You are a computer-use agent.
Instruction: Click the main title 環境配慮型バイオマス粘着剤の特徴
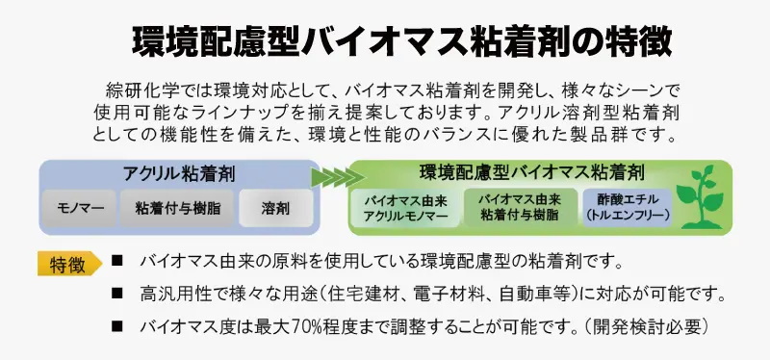pos(401,41)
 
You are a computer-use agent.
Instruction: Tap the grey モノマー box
pos(80,208)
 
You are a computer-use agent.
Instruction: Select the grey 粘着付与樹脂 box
pos(177,208)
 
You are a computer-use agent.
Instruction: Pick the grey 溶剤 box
pos(275,208)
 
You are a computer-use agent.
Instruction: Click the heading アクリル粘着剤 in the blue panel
pos(179,174)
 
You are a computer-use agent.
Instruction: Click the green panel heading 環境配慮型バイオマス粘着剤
pos(532,172)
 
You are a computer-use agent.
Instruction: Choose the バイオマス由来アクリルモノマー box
pos(405,208)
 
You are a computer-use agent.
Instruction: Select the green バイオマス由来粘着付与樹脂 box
pos(520,207)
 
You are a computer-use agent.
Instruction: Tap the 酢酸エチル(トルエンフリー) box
pos(628,207)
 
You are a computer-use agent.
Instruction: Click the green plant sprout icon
pos(702,197)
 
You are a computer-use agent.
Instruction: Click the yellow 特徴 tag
pos(68,264)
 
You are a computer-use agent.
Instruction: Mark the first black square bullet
pos(116,261)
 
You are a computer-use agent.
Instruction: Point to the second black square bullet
pos(116,294)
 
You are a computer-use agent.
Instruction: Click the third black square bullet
pos(116,326)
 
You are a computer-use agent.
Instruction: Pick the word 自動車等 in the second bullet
pos(534,295)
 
